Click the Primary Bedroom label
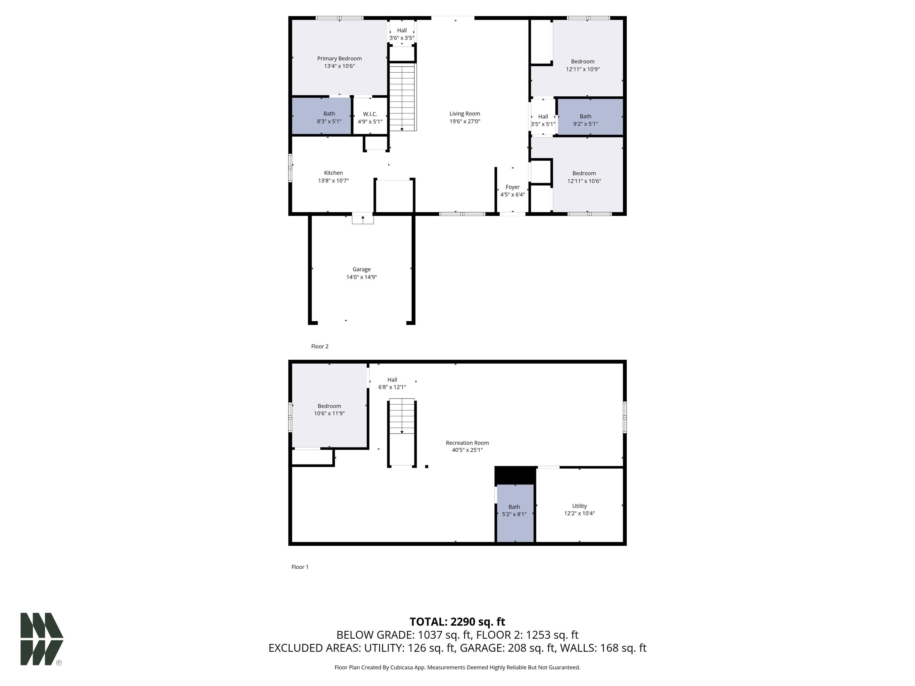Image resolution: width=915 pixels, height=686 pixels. point(339,59)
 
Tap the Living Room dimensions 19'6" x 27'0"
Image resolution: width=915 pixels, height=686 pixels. point(465,121)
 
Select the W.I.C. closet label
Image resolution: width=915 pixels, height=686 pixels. point(370,114)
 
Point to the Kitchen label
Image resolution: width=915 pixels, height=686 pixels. point(333,173)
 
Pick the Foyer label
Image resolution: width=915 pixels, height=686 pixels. point(513,187)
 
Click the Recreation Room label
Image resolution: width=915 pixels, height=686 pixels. point(467,443)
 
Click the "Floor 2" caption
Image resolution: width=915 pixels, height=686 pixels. point(320,347)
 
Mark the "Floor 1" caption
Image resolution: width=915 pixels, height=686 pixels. point(300,567)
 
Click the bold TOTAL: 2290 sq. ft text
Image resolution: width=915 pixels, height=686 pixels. point(457,622)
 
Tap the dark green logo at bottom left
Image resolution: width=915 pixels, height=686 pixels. point(42,639)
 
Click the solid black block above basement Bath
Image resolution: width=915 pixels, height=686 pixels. point(515,475)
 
